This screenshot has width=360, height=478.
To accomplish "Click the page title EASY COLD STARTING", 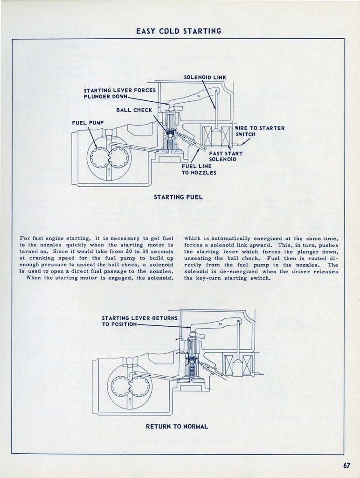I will pos(179,31).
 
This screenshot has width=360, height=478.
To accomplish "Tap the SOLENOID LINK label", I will pos(205,77).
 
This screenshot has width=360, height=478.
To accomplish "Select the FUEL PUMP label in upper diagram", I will pos(87,123).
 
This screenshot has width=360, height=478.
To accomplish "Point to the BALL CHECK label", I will pos(134,110).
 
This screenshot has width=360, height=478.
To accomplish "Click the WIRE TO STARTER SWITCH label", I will pos(259,131).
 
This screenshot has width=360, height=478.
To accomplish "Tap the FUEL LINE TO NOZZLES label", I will pos(199,169).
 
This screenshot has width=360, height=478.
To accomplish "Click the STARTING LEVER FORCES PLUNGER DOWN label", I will pos(119,93).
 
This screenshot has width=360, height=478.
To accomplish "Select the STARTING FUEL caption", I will pos(178,197).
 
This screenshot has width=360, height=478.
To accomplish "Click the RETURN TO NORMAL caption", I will pos(177,426).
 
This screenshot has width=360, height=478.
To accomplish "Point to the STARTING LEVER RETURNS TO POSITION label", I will pos(139,321).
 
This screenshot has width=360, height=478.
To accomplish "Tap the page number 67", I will pos(346,465).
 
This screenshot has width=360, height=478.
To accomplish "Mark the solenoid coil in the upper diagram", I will pos(217,136).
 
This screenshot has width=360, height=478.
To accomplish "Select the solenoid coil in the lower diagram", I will pos(238,365).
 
